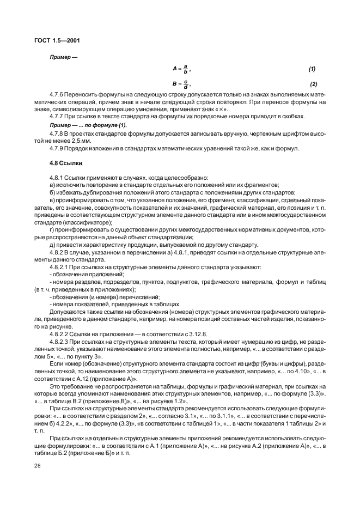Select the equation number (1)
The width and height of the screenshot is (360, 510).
[312, 69]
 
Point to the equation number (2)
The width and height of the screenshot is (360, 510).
[313, 84]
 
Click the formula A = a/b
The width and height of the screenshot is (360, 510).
[181, 69]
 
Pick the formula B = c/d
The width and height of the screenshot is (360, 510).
[181, 84]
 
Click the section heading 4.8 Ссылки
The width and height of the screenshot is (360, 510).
[65, 163]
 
